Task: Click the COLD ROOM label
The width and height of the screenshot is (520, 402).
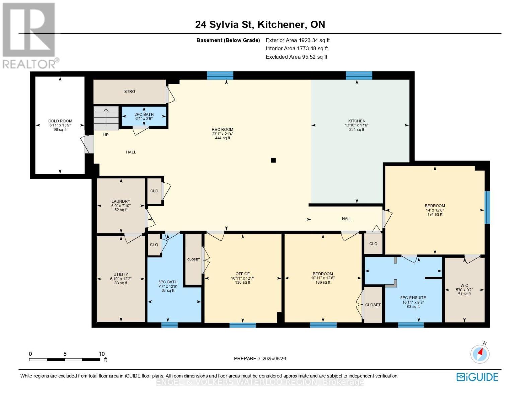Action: [x=60, y=121]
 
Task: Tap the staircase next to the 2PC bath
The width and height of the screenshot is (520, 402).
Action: [x=106, y=118]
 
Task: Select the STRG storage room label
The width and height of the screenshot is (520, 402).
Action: [x=130, y=91]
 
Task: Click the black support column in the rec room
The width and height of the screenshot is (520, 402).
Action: [x=273, y=160]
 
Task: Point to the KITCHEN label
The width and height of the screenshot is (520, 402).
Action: [x=357, y=121]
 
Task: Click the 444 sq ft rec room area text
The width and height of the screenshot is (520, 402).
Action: [x=223, y=138]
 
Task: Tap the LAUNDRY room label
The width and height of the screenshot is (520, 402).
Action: [x=121, y=201]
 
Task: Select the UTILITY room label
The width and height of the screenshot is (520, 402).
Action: [x=121, y=274]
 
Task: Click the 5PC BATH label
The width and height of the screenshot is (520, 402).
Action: [x=168, y=282]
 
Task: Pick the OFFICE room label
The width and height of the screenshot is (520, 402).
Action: [x=243, y=274]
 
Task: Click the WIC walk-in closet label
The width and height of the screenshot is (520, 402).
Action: [x=464, y=285]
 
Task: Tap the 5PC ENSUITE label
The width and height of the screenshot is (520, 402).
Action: [x=413, y=298]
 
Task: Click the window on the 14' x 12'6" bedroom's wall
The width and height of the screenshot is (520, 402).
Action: [x=487, y=207]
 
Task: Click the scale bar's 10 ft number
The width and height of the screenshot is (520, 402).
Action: [x=102, y=354]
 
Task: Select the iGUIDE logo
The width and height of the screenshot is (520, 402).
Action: [x=477, y=377]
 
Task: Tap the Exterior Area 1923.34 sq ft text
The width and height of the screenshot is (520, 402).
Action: [x=298, y=40]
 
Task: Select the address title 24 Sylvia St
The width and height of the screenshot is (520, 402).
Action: [x=224, y=25]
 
